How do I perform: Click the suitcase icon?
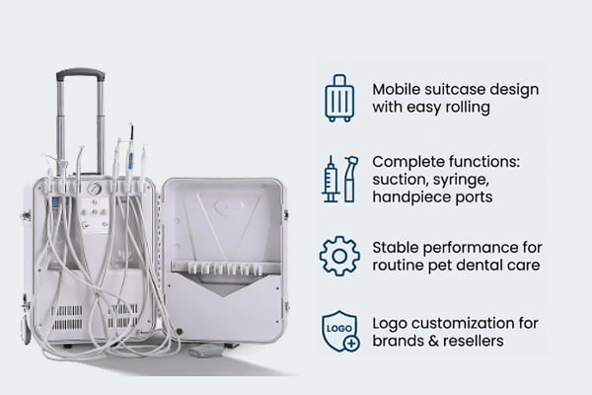[x=339, y=97]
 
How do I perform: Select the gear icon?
[x=339, y=256]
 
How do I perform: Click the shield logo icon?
[x=339, y=331]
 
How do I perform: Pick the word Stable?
[x=395, y=245]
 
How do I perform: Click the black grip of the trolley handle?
[x=80, y=73]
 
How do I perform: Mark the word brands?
[x=398, y=340]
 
